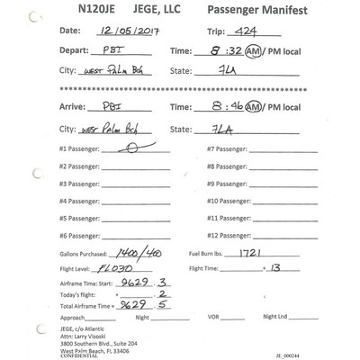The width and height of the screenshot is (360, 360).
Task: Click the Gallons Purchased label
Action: click(85, 255)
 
